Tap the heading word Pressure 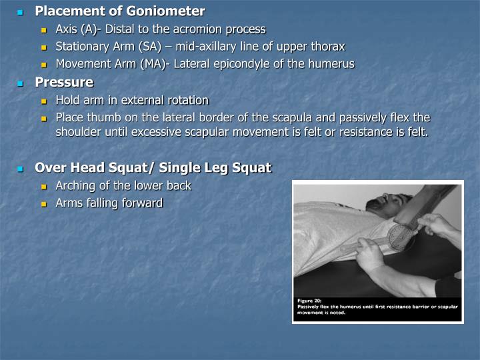coord(64,83)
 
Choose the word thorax coord(327,47)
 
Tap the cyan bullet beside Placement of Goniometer coord(20,12)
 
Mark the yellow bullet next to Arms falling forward coord(45,203)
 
